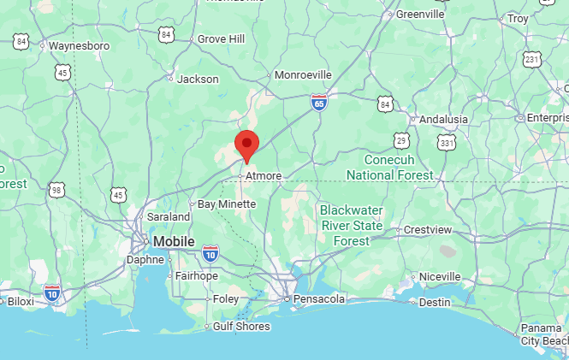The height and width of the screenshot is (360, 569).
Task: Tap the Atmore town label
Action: tap(263, 176)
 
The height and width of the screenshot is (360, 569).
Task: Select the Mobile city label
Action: tap(174, 242)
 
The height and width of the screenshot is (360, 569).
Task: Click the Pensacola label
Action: tap(318, 299)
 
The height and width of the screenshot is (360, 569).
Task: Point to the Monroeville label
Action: tap(302, 75)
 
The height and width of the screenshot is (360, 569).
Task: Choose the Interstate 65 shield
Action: tap(318, 103)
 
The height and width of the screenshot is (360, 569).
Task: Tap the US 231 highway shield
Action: tap(532, 59)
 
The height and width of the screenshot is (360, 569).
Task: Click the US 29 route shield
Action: tap(401, 139)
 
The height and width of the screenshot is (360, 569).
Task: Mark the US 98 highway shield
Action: tap(57, 188)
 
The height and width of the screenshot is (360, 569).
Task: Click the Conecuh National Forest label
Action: tap(389, 168)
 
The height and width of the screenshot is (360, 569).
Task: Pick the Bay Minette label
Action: tap(227, 204)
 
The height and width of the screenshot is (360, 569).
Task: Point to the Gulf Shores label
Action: tap(242, 327)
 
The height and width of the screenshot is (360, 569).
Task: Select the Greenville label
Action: tap(420, 15)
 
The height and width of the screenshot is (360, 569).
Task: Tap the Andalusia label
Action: tap(443, 120)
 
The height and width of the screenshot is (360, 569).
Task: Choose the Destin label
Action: tap(435, 302)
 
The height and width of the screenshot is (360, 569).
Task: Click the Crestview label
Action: tap(427, 230)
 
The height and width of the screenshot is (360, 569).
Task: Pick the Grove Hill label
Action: tap(221, 39)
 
